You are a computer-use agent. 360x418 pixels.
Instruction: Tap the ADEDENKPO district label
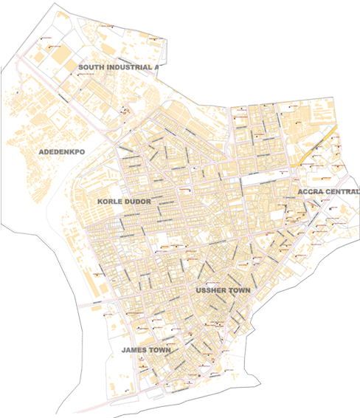pyautogui.click(x=62, y=151)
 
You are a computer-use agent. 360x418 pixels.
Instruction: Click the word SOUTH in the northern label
pyautogui.click(x=91, y=66)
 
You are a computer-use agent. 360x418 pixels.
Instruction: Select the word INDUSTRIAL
pyautogui.click(x=127, y=66)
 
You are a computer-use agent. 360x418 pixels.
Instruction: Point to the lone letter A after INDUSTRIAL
pyautogui.click(x=156, y=66)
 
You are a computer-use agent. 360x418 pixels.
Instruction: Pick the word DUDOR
pyautogui.click(x=137, y=201)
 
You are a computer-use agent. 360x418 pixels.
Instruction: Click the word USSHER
pyautogui.click(x=211, y=290)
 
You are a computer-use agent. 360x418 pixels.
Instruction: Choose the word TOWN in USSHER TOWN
pyautogui.click(x=240, y=290)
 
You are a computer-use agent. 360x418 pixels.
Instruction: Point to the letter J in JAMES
pyautogui.click(x=124, y=349)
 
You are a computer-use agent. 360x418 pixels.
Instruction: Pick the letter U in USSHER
pyautogui.click(x=198, y=290)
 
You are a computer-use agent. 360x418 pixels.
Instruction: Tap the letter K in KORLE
pyautogui.click(x=100, y=201)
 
